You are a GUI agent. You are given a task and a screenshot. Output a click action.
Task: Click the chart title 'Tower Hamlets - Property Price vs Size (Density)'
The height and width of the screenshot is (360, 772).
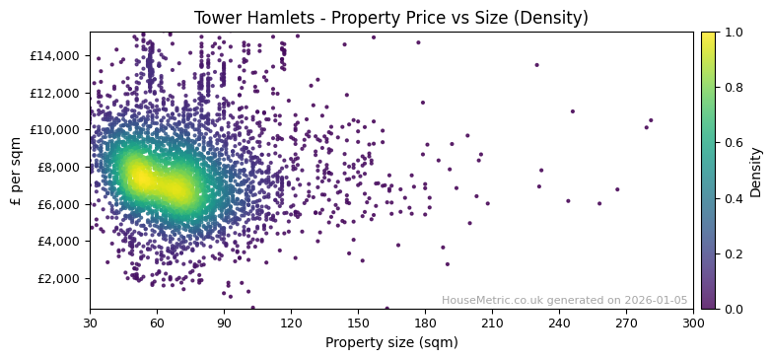tap(390, 18)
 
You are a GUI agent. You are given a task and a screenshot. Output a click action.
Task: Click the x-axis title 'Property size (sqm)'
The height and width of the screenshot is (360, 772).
tap(390, 342)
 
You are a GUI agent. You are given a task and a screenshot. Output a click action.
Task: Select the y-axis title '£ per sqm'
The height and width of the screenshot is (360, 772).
tap(16, 171)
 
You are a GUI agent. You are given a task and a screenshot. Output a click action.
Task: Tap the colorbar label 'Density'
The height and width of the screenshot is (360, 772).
tap(756, 171)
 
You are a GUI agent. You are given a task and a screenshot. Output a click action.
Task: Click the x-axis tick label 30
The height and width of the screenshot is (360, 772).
tap(90, 323)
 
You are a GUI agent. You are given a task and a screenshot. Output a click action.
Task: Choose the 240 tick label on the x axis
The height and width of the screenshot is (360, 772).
tap(559, 323)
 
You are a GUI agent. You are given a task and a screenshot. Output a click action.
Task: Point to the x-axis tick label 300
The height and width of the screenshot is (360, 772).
tap(693, 323)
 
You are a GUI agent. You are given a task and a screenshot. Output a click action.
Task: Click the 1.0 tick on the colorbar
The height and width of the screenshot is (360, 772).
tap(733, 33)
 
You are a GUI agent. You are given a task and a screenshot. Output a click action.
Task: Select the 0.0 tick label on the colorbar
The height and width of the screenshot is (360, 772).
tap(733, 309)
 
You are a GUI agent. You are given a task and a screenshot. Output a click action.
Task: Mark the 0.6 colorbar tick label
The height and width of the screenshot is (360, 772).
tap(733, 143)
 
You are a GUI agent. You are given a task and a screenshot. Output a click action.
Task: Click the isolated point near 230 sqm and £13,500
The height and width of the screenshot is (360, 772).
tap(536, 65)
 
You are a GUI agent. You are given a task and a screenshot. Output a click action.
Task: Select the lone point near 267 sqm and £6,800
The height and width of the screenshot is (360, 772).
tap(617, 189)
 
